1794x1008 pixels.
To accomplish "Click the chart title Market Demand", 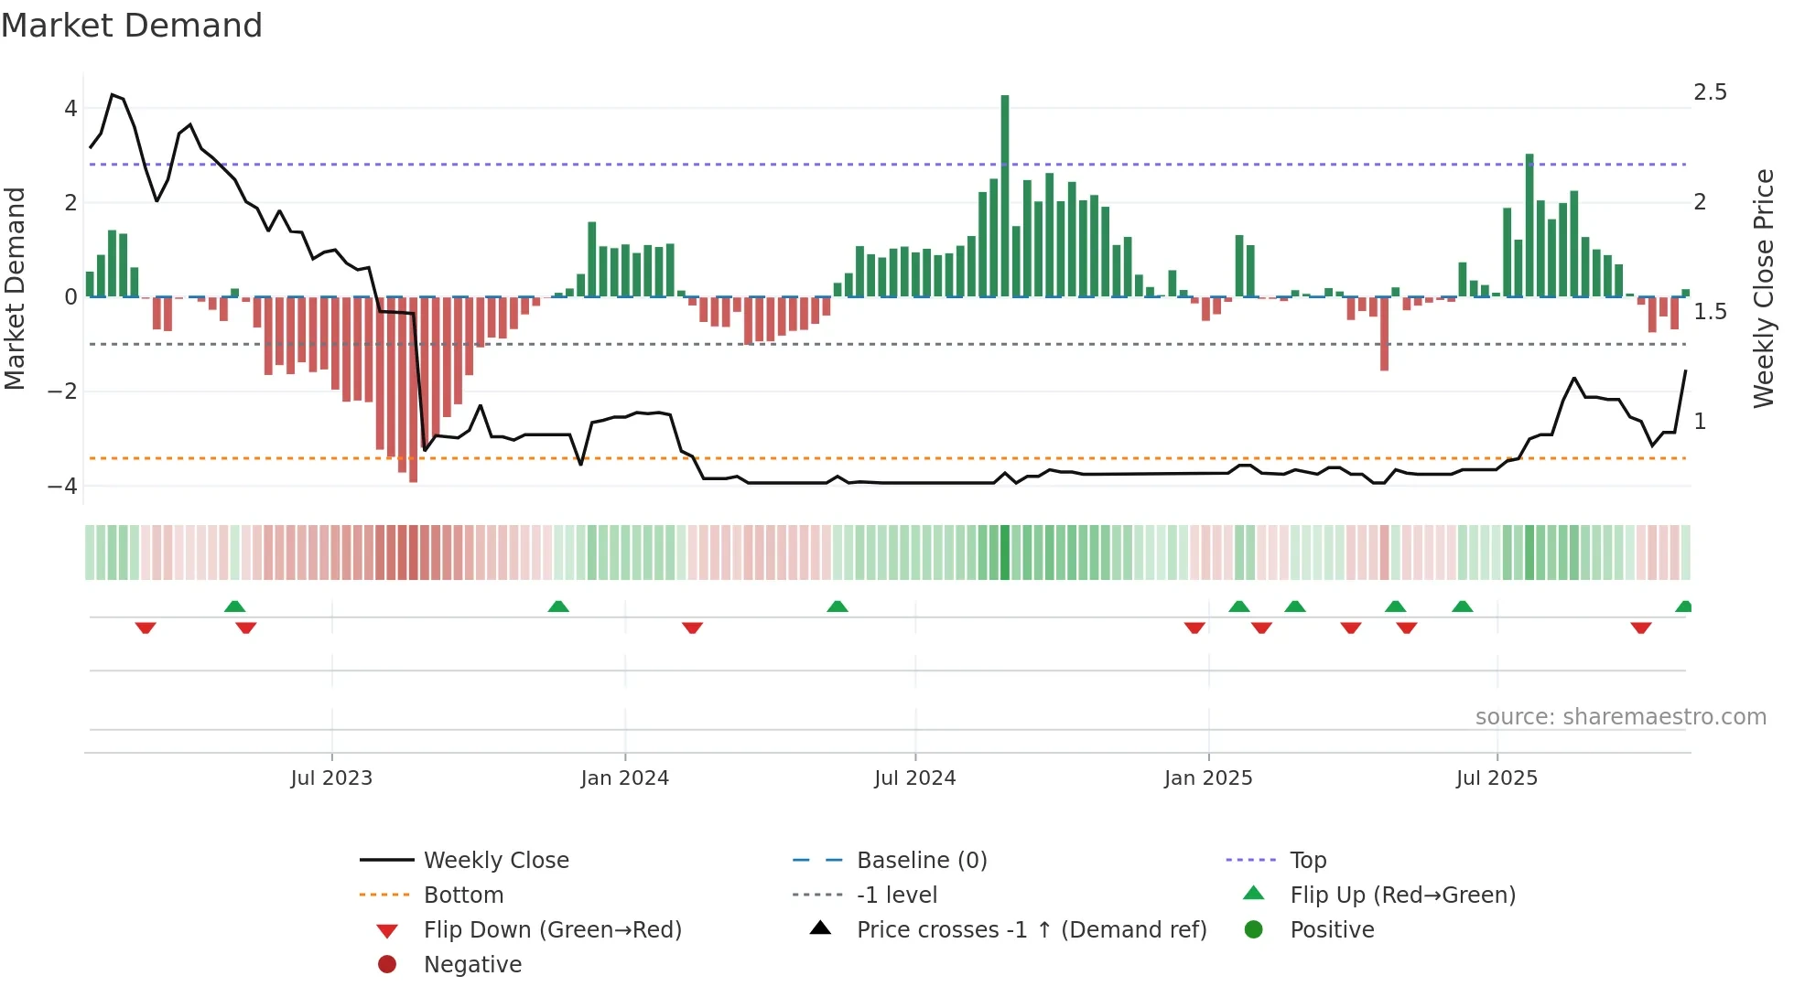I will [132, 26].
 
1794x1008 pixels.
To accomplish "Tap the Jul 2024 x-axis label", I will [914, 778].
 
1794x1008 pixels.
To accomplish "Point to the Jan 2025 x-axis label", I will [1207, 778].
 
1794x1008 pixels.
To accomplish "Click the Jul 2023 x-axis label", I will [331, 778].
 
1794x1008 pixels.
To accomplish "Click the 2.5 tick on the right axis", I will [1710, 92].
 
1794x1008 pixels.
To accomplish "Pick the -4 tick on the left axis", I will [62, 486].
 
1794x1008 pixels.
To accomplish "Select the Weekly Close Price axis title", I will [1763, 288].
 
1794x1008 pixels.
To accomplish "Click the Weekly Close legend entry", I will [495, 861].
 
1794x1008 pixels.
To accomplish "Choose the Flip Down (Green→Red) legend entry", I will [552, 930].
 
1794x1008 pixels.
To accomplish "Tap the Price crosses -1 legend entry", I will [1031, 930].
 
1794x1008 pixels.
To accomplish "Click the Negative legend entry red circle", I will [387, 965].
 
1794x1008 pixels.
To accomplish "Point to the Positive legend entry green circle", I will [1254, 930].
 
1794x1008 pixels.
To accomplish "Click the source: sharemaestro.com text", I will [1620, 717].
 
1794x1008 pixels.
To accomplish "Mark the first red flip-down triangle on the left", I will [146, 627].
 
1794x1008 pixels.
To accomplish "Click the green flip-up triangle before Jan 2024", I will [558, 606].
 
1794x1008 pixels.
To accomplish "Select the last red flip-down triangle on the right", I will [1640, 627].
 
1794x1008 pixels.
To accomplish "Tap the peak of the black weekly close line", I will [113, 95].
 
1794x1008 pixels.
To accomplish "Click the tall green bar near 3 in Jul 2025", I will [1529, 225].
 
